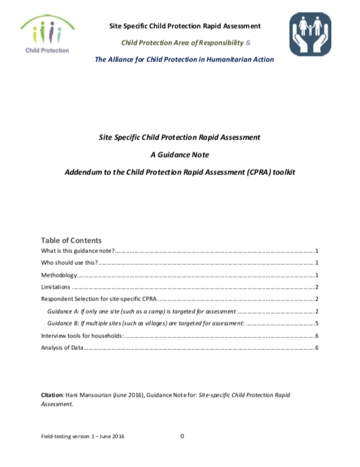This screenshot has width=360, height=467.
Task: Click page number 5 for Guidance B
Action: pos(317,323)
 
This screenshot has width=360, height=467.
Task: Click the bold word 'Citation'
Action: pos(54,395)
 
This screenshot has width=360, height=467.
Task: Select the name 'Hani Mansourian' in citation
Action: pos(89,395)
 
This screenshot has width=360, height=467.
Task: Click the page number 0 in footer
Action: pos(182,436)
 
